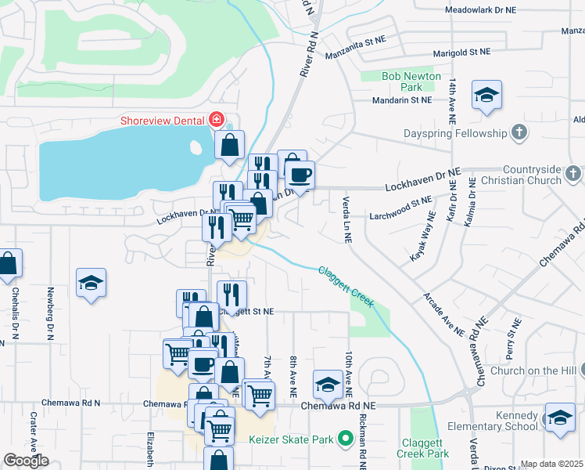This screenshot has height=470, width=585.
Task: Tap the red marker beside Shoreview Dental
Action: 216,120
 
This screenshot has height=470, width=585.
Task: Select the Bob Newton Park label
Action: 411,81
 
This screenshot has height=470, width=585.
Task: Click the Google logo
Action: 26,461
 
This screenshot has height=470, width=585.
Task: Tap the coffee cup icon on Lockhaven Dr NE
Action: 298,174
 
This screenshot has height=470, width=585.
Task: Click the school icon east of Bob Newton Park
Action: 486,96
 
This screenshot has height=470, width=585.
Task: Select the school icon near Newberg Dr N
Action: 91,284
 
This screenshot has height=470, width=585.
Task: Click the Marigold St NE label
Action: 463,54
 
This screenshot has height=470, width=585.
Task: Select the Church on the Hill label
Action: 530,371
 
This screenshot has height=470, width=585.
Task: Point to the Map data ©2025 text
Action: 551,464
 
